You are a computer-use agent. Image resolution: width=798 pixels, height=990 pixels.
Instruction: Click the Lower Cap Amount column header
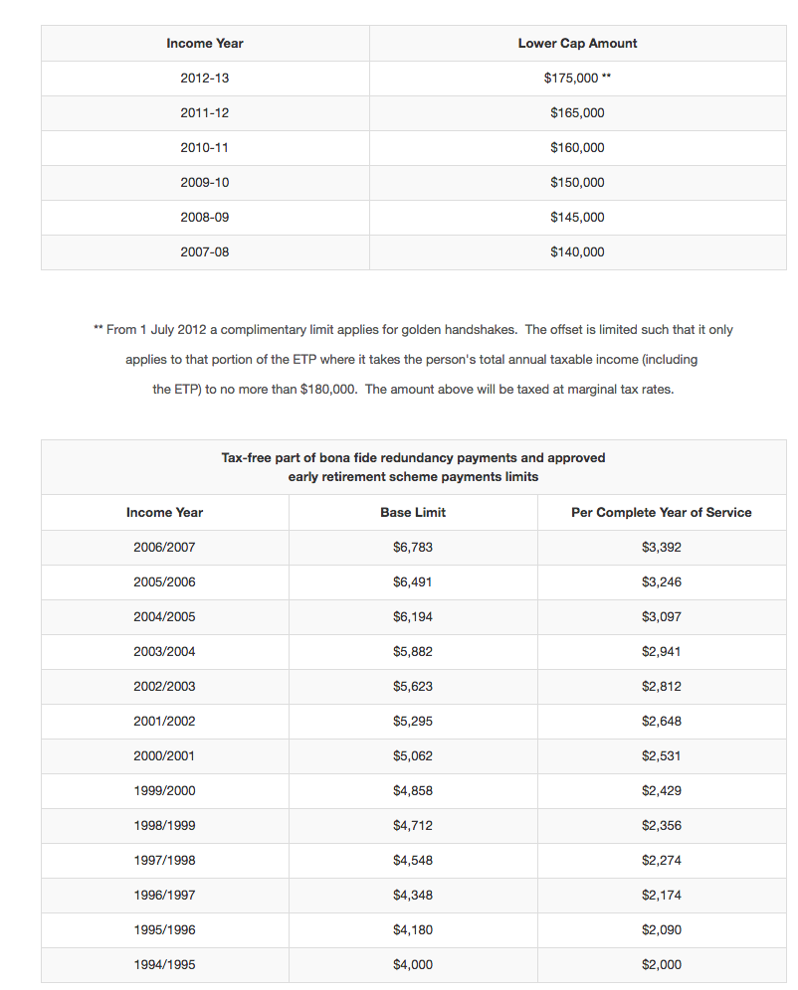[x=577, y=44]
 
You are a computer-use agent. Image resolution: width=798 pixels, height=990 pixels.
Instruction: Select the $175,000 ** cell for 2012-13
[x=577, y=79]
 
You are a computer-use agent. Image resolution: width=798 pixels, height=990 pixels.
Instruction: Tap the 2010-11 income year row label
[x=204, y=148]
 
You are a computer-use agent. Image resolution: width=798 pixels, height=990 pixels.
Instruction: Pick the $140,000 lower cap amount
[x=577, y=252]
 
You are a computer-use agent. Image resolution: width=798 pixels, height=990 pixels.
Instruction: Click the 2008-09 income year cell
[x=204, y=218]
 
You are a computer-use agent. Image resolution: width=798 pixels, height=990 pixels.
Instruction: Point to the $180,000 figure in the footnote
[x=328, y=390]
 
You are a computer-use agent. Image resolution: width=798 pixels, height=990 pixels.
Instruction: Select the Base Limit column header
[x=413, y=513]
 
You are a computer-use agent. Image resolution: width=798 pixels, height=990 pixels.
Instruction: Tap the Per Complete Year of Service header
[x=662, y=513]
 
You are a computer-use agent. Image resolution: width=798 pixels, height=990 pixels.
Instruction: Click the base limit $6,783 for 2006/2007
[x=413, y=548]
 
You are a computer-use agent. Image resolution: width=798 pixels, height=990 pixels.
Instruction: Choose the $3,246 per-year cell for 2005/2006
[x=662, y=582]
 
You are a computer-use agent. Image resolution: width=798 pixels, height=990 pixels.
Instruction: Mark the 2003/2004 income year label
[x=164, y=652]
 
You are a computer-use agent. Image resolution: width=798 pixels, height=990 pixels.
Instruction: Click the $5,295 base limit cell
[x=413, y=722]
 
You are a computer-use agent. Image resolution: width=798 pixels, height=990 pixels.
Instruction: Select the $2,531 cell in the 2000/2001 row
[x=662, y=756]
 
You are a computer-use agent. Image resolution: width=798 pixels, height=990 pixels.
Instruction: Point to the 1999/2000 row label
[x=164, y=791]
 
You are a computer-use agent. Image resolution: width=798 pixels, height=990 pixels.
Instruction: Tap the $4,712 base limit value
[x=413, y=826]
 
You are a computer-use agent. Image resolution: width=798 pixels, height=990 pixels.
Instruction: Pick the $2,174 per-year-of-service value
[x=662, y=896]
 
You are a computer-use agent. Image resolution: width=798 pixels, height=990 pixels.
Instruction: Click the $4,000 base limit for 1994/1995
[x=413, y=965]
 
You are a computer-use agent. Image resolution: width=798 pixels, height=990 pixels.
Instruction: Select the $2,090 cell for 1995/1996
[x=662, y=930]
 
